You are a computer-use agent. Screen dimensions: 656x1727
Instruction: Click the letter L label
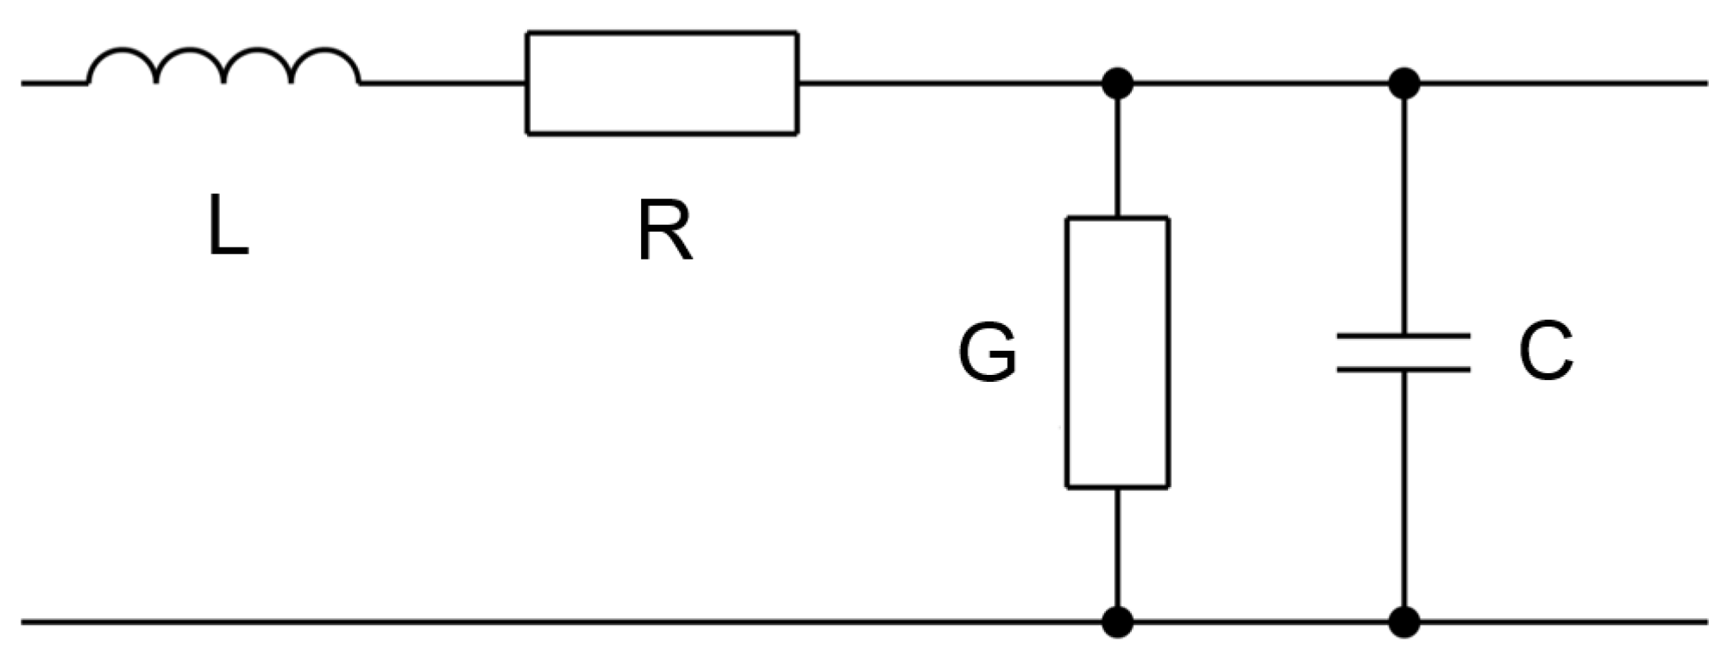(228, 226)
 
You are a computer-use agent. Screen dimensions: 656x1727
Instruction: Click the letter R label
(664, 230)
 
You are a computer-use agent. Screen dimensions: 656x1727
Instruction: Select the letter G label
(987, 353)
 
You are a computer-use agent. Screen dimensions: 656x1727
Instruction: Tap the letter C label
(1546, 353)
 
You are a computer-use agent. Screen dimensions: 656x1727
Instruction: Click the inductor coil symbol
(224, 67)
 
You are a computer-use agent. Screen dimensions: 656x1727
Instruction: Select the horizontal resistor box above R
(662, 83)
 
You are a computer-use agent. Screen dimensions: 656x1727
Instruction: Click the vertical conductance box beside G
(1118, 353)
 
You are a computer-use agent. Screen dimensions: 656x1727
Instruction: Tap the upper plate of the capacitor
(1404, 335)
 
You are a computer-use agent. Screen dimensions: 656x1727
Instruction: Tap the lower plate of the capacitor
(1404, 369)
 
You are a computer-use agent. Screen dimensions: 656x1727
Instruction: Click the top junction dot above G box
(1118, 84)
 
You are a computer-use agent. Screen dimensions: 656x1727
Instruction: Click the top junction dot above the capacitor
(1404, 84)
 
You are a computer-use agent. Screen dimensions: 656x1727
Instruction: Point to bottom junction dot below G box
(1118, 621)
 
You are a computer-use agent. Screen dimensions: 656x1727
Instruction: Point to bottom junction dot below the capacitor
(1404, 621)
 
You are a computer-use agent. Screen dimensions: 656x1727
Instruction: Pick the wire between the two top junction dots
(1259, 84)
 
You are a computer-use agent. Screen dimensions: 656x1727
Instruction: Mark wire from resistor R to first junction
(949, 84)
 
